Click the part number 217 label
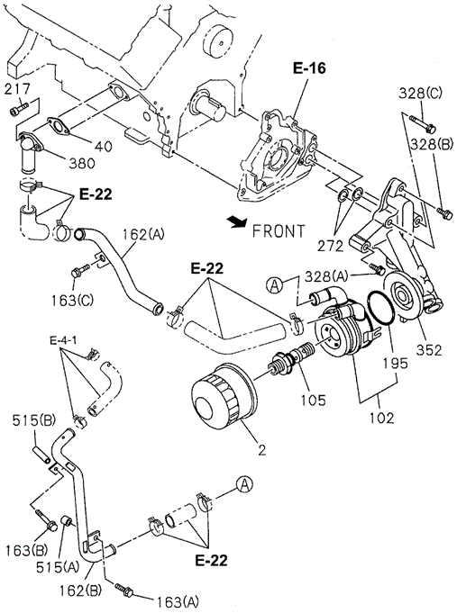18,89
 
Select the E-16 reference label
309,68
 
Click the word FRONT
279,231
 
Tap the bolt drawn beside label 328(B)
445,213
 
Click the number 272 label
331,246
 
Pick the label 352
428,349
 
